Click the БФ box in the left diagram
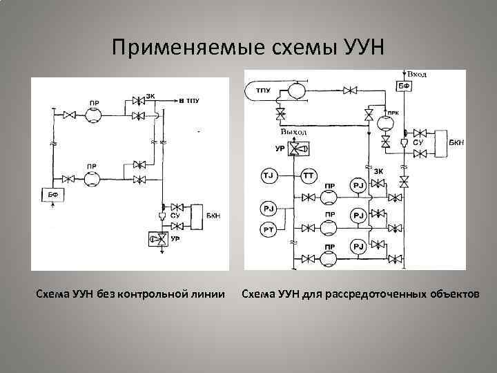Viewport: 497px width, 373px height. [52, 195]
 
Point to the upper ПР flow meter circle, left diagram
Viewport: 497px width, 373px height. [92, 115]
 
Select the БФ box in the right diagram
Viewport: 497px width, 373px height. [403, 85]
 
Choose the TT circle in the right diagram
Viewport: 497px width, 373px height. [308, 178]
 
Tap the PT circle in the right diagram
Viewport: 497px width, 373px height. [268, 229]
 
